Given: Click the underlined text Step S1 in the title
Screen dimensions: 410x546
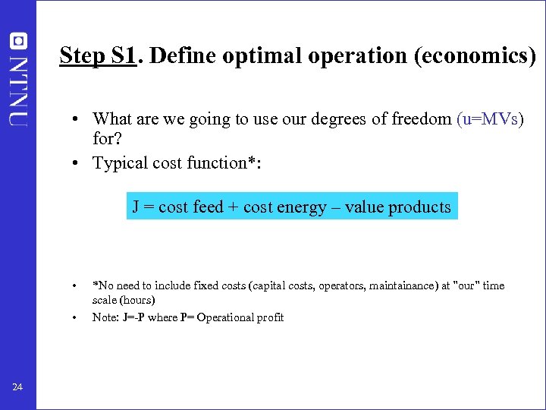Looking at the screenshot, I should pyautogui.click(x=97, y=55).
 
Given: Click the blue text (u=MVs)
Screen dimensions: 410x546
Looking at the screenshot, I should pyautogui.click(x=490, y=118).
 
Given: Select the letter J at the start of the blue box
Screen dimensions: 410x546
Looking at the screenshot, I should pyautogui.click(x=136, y=207).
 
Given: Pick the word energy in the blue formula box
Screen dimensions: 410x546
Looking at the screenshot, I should pyautogui.click(x=305, y=207).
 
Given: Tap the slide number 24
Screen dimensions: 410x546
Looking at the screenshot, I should pyautogui.click(x=17, y=388).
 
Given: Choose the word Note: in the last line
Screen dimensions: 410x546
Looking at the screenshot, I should pyautogui.click(x=105, y=317).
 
